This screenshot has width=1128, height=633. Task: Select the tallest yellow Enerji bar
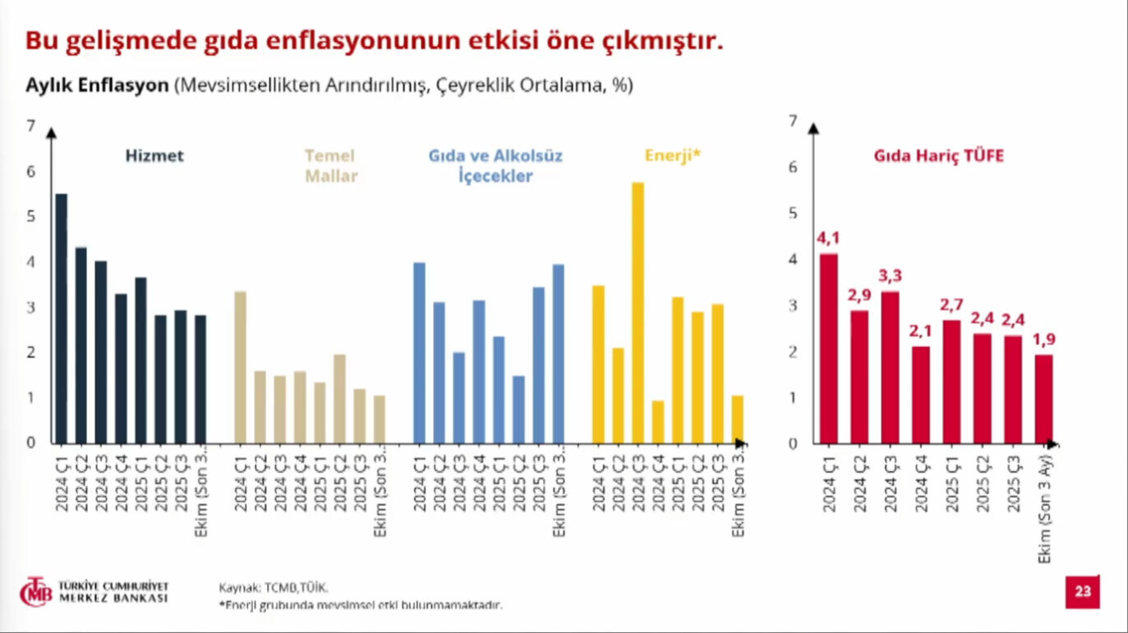638,313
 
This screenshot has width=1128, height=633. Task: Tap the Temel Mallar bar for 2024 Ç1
240,367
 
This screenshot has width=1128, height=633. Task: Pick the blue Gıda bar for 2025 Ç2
518,409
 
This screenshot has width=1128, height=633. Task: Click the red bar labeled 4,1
829,348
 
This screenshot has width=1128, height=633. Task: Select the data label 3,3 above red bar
889,277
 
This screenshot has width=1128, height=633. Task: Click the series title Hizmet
154,156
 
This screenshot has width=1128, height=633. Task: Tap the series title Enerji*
671,155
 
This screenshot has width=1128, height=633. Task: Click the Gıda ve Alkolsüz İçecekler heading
495,165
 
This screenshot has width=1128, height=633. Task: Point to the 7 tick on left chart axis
31,126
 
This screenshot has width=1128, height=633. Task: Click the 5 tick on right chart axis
793,213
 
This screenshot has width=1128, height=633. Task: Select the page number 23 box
1082,592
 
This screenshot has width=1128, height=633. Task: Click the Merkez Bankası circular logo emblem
35,592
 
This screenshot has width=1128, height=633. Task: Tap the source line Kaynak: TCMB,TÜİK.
273,587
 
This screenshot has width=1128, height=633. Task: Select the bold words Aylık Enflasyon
97,85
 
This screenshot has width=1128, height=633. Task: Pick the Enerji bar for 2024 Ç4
658,422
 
